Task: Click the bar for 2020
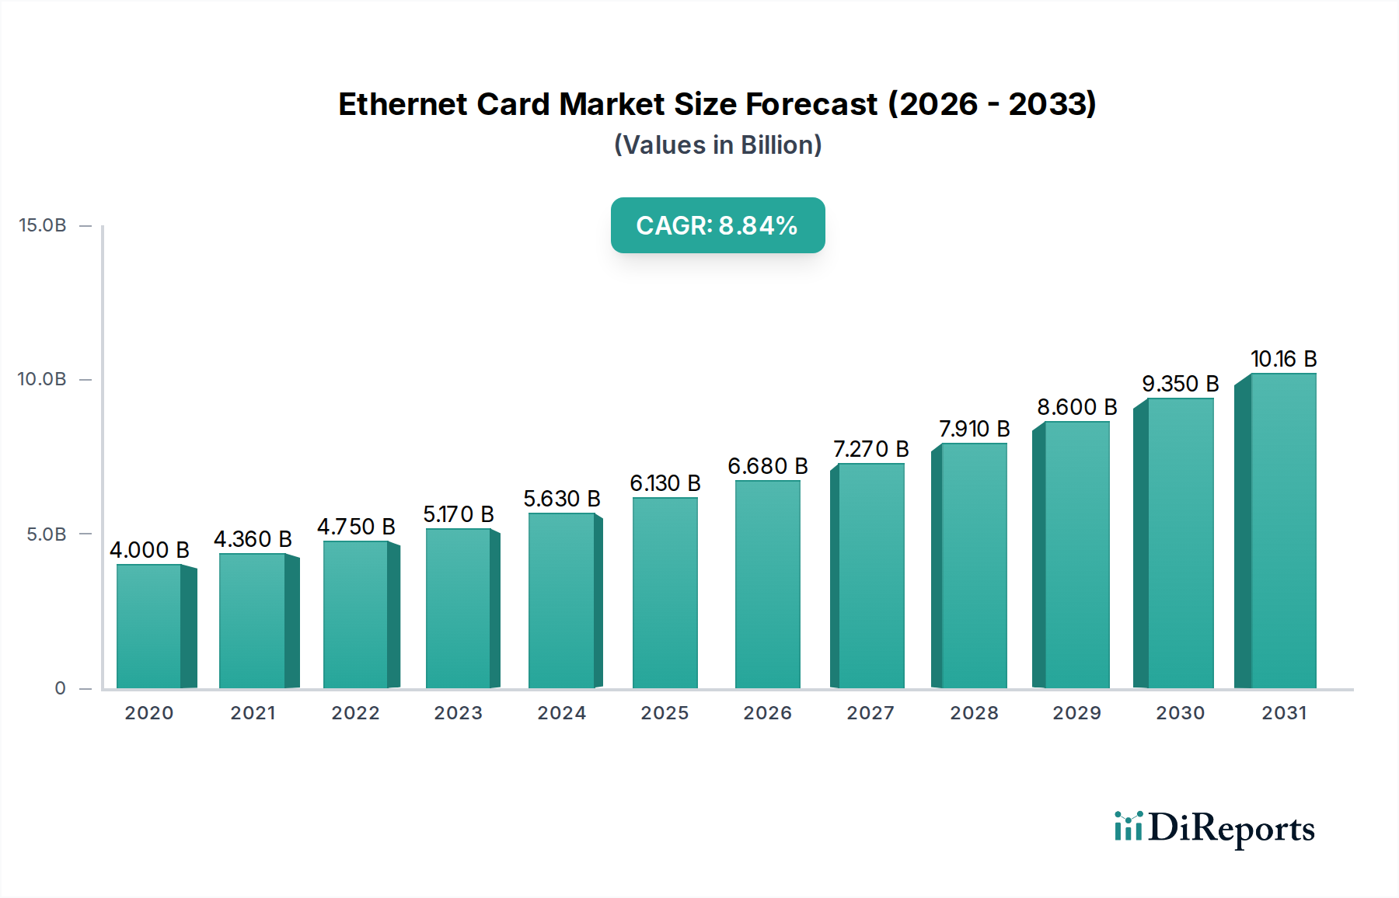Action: tap(149, 626)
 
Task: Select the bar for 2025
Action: tap(665, 593)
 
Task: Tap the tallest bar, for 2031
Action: tap(1282, 531)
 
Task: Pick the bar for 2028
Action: tap(973, 566)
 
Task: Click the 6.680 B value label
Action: tap(767, 466)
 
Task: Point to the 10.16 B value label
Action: tap(1283, 359)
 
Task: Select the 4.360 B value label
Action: tap(253, 539)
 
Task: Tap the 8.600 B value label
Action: tap(1076, 407)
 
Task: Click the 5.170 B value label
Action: tap(458, 514)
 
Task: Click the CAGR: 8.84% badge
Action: tap(717, 225)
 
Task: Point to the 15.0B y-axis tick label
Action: tap(43, 225)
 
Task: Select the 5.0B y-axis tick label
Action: tap(47, 534)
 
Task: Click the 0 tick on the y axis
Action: tap(60, 688)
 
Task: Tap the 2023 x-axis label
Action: tap(458, 713)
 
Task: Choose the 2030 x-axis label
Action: tap(1180, 713)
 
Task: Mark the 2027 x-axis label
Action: tap(870, 713)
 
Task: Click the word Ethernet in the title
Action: tap(403, 104)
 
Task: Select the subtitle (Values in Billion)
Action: tap(717, 145)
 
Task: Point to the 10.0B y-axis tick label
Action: tap(43, 379)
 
